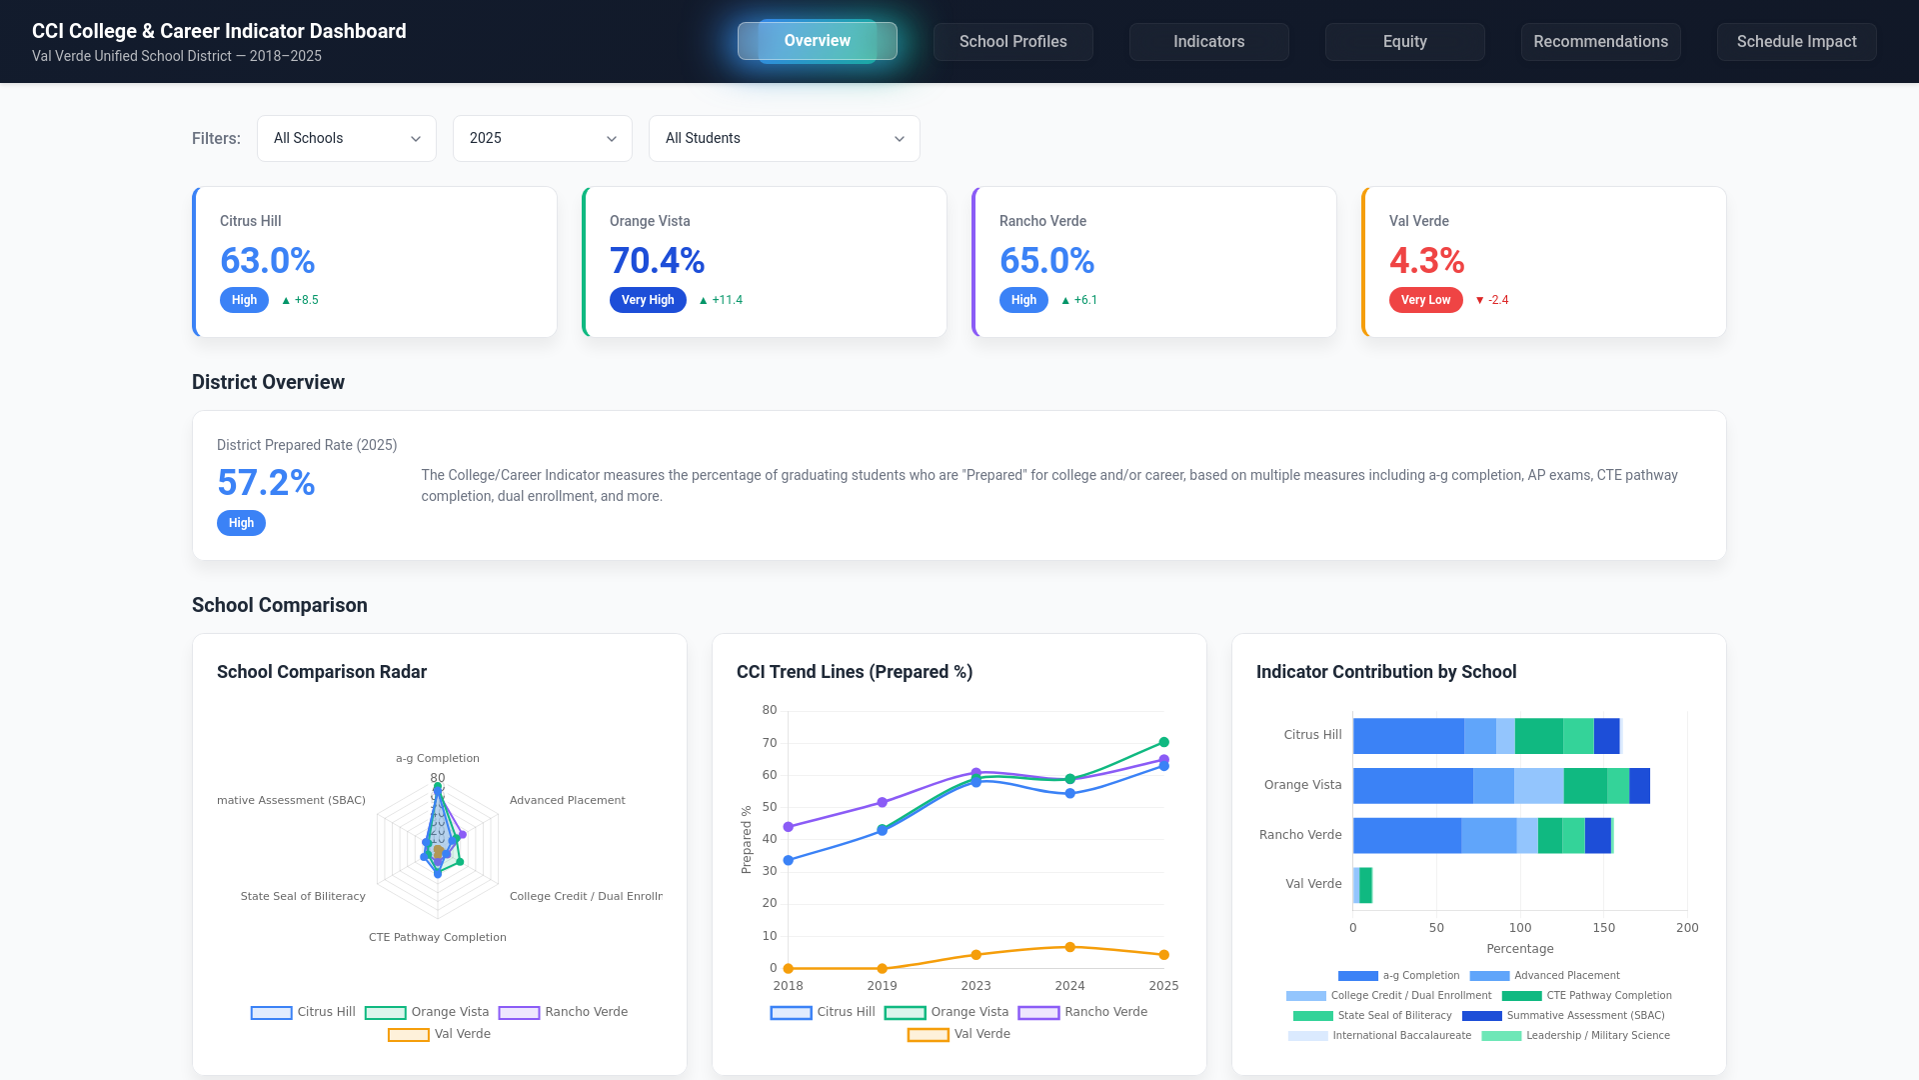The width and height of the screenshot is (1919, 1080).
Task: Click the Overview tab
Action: click(817, 41)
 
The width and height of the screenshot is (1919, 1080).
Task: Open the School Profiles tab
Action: click(1012, 42)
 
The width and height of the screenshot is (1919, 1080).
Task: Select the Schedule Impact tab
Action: click(1796, 42)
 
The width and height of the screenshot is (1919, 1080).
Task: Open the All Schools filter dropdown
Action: click(346, 138)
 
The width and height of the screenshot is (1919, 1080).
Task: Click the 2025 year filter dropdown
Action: click(542, 138)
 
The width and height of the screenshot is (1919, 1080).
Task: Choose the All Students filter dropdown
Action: click(784, 138)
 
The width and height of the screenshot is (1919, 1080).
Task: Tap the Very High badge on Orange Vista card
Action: click(648, 300)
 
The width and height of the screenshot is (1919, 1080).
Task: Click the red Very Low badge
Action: click(1425, 300)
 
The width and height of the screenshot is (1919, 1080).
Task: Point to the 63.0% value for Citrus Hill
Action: click(267, 261)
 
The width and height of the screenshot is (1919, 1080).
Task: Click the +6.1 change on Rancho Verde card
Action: click(1084, 300)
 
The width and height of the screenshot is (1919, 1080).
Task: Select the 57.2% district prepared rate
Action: click(266, 483)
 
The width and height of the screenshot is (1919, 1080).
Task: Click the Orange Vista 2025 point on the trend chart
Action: click(1163, 742)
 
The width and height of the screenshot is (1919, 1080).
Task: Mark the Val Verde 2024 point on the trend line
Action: click(1069, 947)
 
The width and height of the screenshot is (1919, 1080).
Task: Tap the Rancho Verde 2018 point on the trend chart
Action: click(789, 827)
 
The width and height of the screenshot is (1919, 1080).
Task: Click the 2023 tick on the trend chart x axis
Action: click(975, 986)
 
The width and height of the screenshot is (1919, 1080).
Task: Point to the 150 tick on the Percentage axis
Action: click(1603, 928)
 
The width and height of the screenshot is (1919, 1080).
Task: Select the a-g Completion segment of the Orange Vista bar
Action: click(1412, 786)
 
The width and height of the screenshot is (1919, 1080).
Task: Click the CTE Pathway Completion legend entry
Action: click(1586, 996)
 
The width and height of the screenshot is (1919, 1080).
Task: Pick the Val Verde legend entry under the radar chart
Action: click(440, 1034)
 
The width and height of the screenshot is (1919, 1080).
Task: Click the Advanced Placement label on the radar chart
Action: click(567, 800)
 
